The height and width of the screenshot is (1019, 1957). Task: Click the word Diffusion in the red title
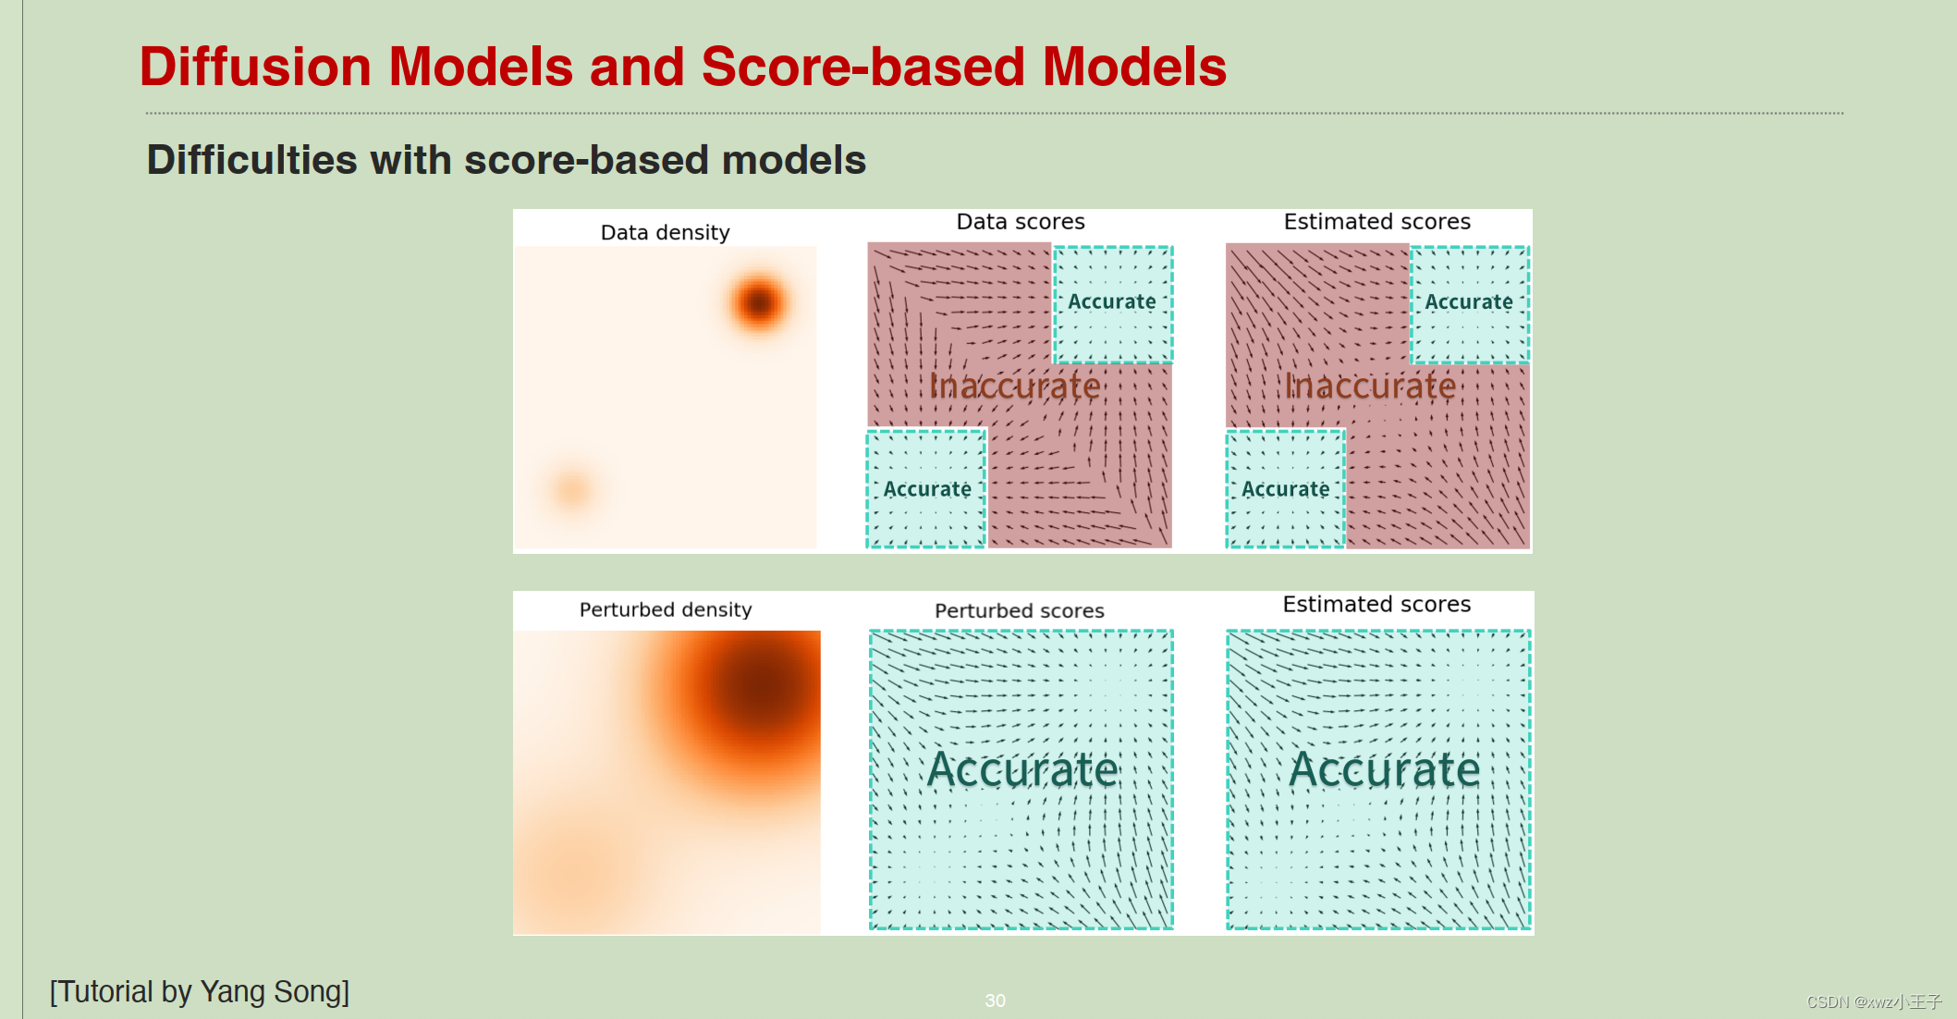click(254, 67)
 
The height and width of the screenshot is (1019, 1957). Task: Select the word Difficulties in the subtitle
click(251, 160)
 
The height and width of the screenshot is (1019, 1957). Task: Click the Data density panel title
click(665, 232)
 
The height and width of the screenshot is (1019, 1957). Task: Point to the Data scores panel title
click(1020, 222)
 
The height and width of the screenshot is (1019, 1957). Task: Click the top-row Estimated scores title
click(1376, 222)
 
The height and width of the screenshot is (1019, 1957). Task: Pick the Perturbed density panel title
click(665, 609)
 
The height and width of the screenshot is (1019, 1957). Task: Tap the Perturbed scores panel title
click(1019, 610)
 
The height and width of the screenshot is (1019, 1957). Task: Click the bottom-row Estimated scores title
click(1376, 604)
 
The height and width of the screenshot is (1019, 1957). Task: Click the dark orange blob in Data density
click(758, 302)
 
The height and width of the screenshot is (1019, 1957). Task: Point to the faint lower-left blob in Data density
click(571, 487)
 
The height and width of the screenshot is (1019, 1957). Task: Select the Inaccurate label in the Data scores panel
click(1014, 386)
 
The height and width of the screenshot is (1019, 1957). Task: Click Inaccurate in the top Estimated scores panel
click(1370, 386)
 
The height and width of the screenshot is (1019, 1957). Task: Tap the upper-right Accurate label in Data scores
click(1111, 301)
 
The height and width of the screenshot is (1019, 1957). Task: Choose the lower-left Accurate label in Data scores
click(926, 489)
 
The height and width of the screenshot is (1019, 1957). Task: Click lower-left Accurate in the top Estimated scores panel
click(1285, 489)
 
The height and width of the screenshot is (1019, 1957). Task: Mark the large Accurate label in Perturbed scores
click(1022, 769)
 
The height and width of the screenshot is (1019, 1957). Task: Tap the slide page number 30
click(995, 1001)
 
